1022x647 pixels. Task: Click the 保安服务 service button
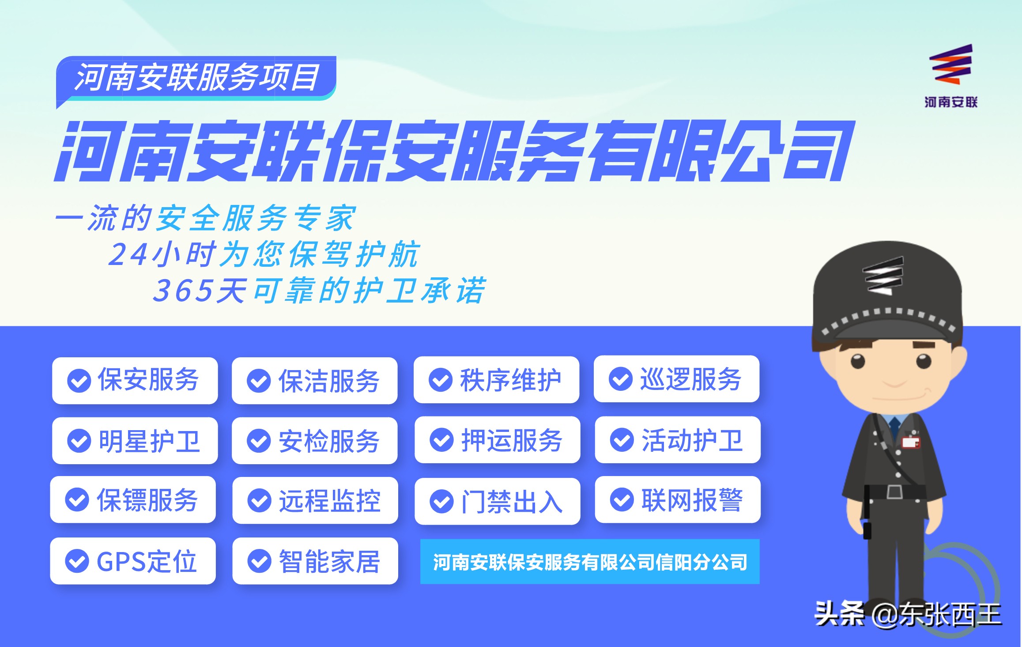point(135,380)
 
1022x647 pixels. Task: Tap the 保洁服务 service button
point(315,380)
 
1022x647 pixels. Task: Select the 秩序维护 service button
point(496,379)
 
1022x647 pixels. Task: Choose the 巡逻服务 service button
point(676,378)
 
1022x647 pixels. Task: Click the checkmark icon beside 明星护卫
point(79,441)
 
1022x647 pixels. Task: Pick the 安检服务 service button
point(315,440)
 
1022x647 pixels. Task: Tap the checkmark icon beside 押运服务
point(441,440)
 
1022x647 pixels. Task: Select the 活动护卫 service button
point(678,439)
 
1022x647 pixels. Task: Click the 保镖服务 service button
point(133,499)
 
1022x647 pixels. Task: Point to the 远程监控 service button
point(315,500)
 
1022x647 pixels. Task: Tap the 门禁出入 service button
point(498,501)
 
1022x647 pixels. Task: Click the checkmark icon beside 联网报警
point(622,500)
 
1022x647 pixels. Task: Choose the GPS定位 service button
point(133,561)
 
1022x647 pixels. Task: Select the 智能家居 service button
point(315,561)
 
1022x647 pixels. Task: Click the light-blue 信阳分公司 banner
point(590,562)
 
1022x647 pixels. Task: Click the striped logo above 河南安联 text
point(951,64)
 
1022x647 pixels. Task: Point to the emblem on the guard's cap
point(883,276)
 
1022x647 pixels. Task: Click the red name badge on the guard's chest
point(911,442)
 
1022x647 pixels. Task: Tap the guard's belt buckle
point(894,492)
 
